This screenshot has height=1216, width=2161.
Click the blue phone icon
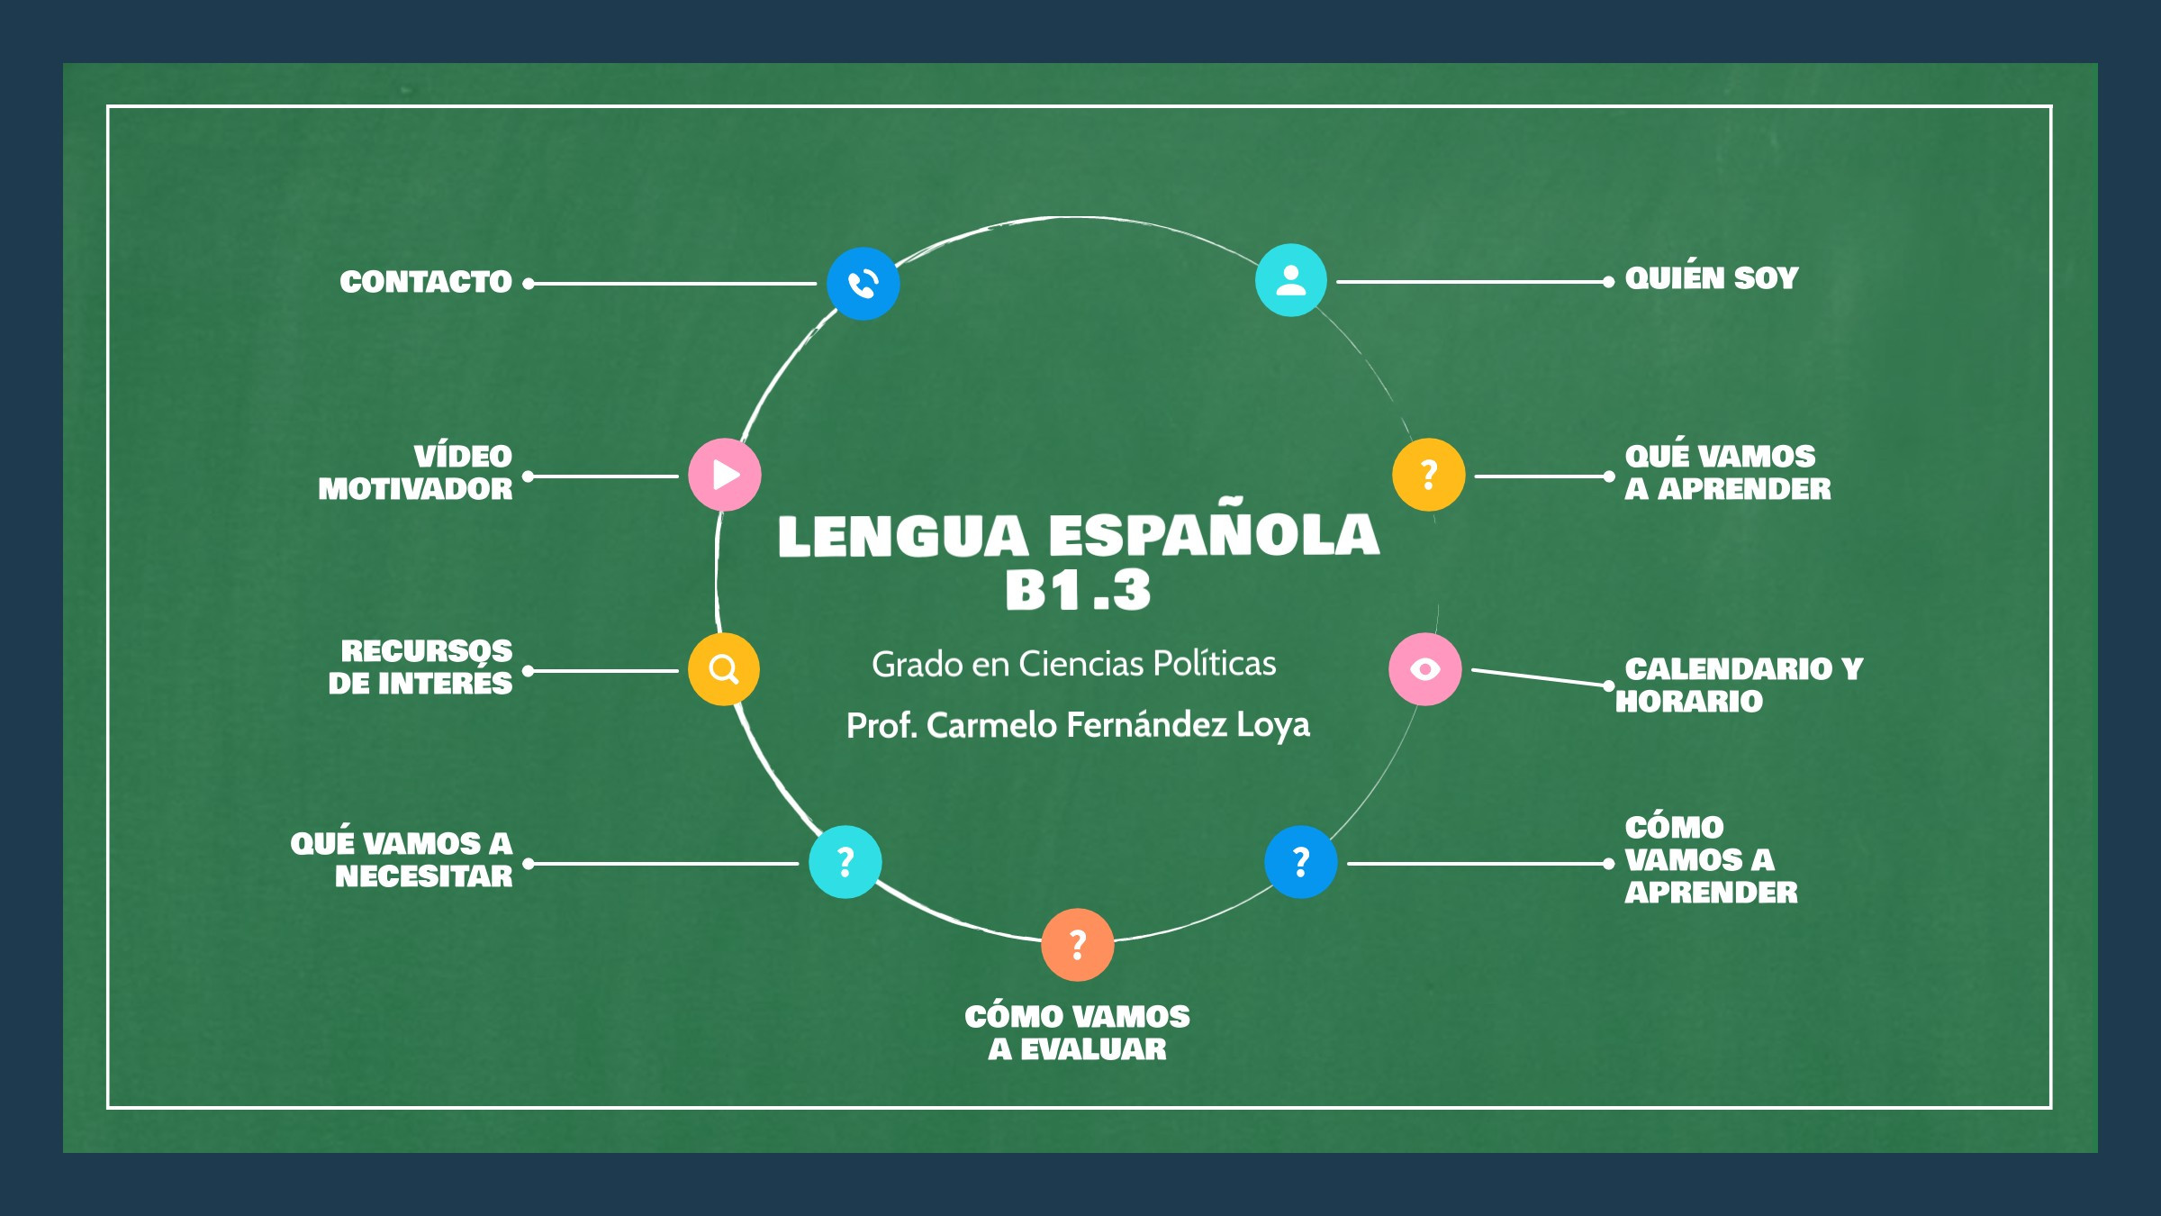tap(863, 284)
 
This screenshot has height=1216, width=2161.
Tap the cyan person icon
tap(1290, 280)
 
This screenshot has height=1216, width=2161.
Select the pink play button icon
tap(725, 475)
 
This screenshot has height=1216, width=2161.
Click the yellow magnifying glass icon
tap(724, 669)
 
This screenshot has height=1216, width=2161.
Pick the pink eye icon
tap(1424, 669)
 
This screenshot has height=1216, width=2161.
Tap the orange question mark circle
tap(1077, 945)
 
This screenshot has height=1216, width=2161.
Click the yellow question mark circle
tap(1428, 475)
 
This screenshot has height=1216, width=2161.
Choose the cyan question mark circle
tap(845, 862)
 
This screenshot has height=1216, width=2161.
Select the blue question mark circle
tap(1300, 862)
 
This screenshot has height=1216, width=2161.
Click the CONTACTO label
tap(426, 282)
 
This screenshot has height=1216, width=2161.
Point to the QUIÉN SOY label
tap(1712, 278)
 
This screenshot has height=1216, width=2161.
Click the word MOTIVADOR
tap(415, 489)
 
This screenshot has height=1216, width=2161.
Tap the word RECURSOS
tap(426, 650)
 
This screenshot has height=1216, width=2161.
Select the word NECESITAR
tap(423, 876)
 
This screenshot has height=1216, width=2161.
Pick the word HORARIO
tap(1689, 702)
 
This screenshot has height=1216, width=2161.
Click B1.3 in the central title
tap(1078, 591)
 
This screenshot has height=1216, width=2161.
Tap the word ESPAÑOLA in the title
tap(1214, 535)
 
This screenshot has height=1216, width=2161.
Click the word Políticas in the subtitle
tap(1215, 664)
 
